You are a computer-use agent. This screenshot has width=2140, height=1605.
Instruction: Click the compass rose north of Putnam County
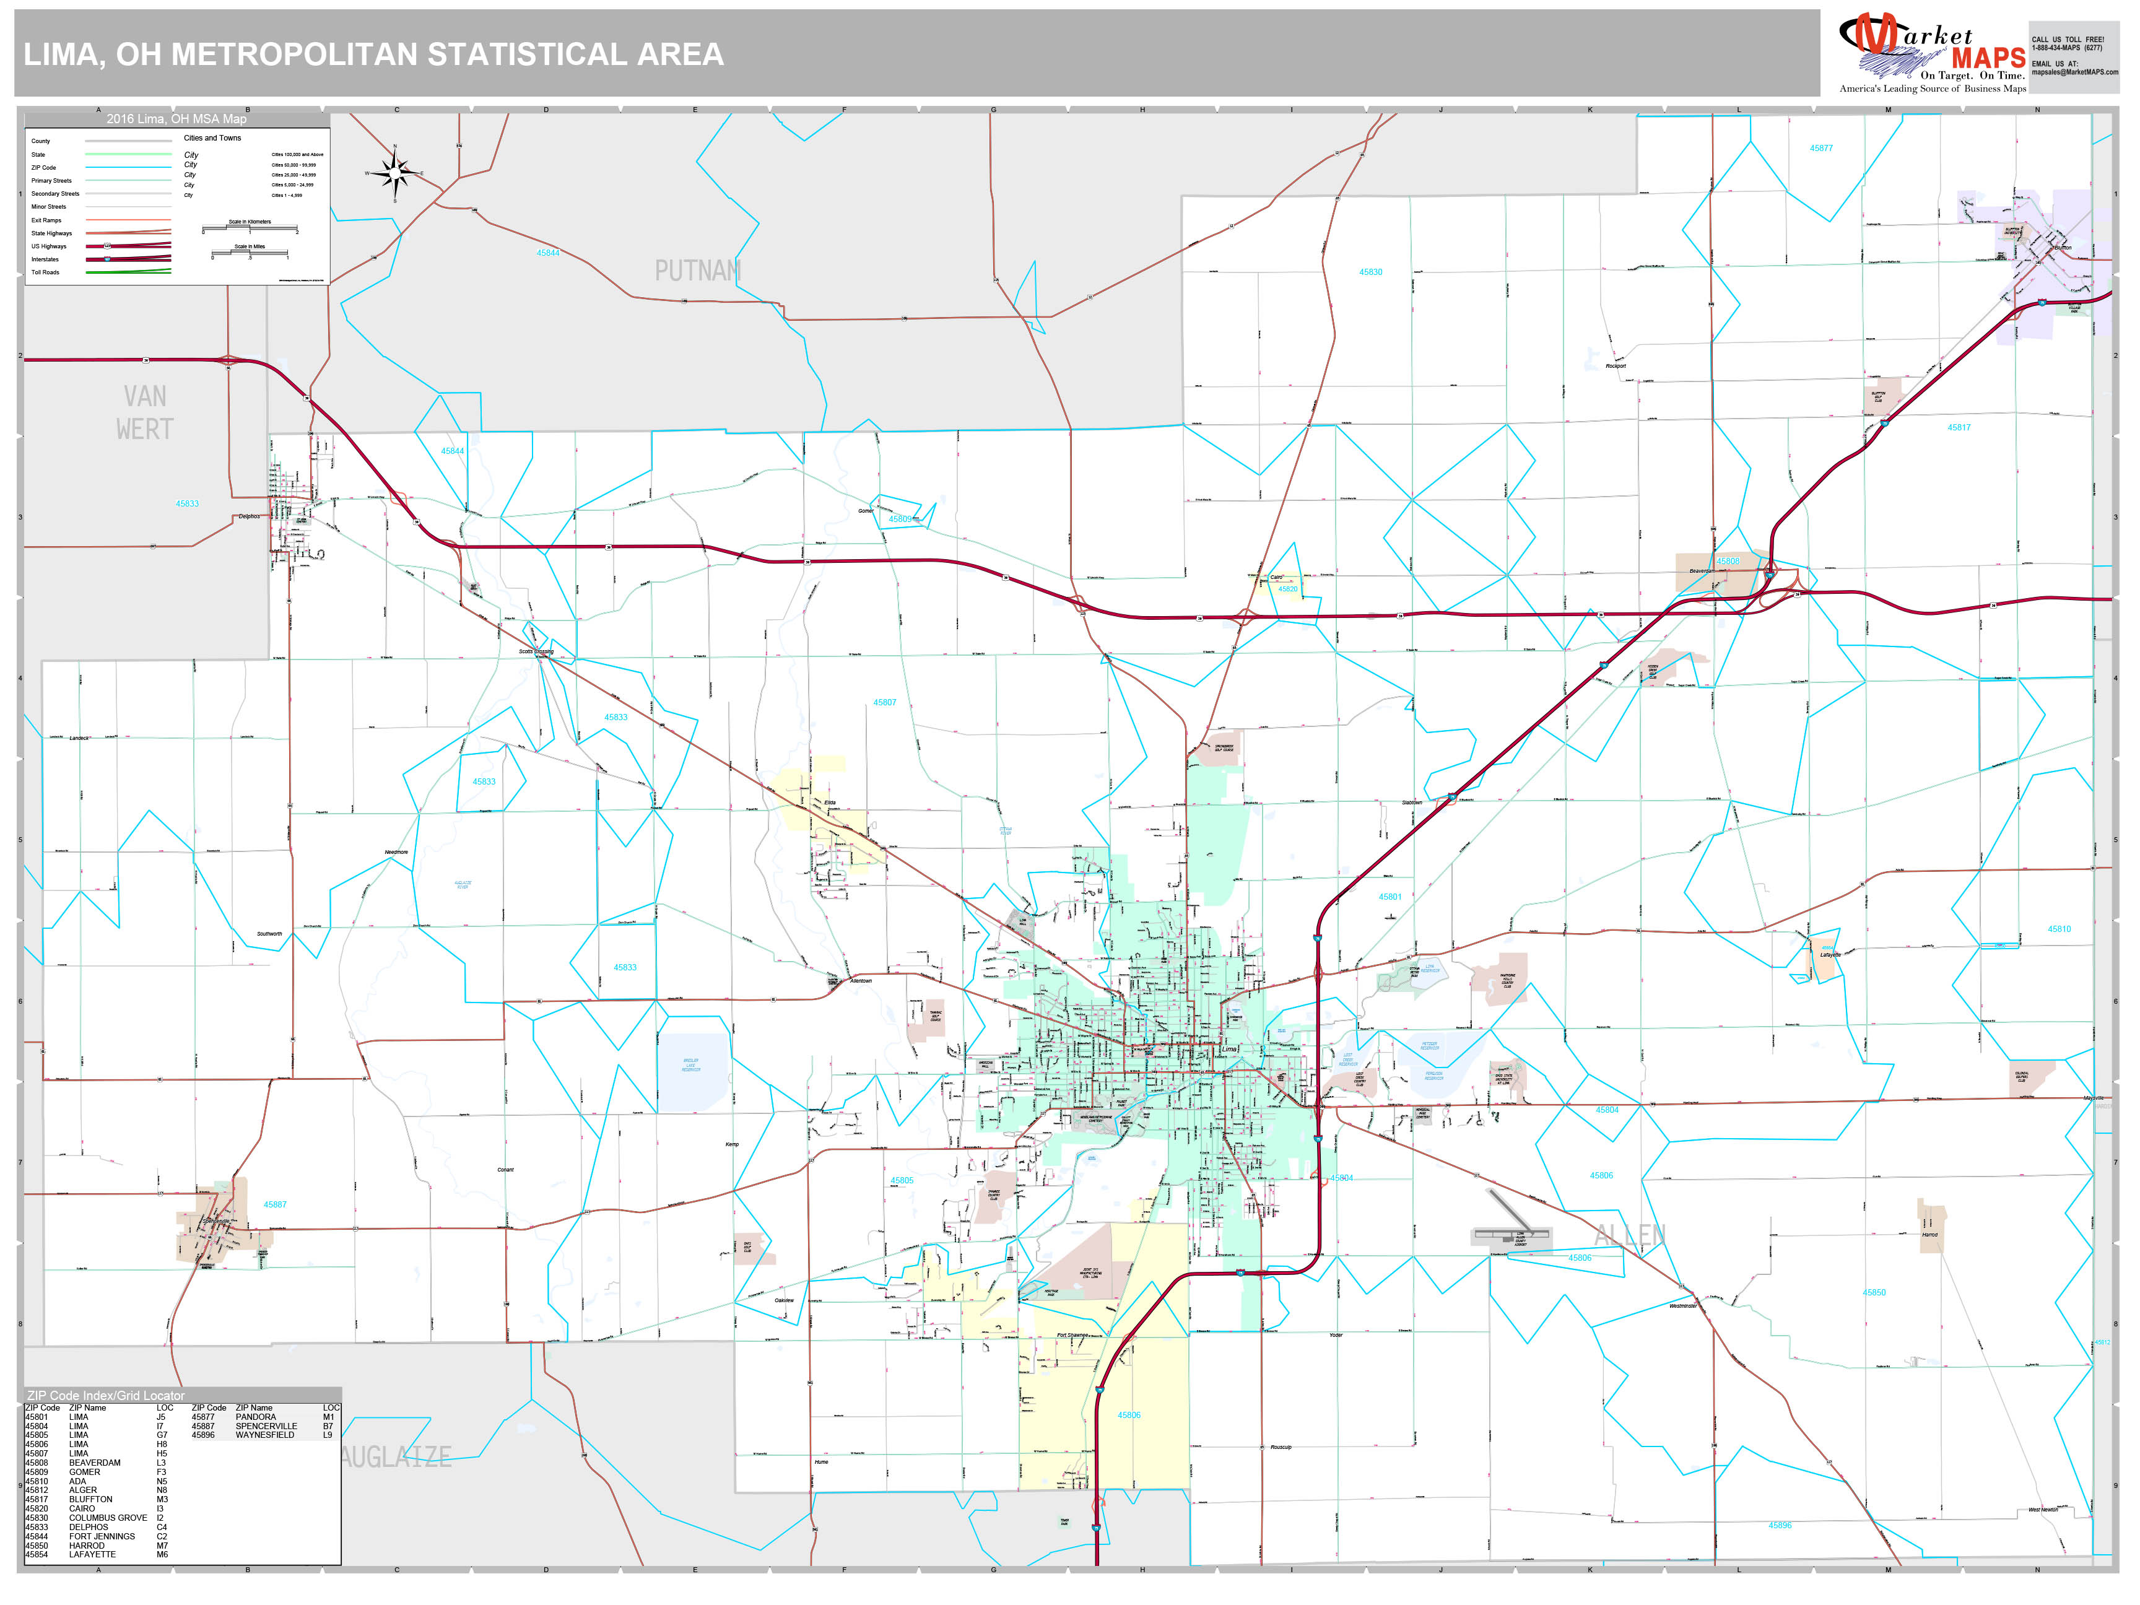click(394, 174)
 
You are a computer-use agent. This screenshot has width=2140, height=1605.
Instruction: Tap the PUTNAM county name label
click(697, 271)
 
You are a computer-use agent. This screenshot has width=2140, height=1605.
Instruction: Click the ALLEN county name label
click(1630, 1235)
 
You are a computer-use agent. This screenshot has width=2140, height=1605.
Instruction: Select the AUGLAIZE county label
click(397, 1457)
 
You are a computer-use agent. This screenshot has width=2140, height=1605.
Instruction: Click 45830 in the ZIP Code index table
click(37, 1518)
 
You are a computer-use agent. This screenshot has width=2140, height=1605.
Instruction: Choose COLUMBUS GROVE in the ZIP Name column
click(107, 1518)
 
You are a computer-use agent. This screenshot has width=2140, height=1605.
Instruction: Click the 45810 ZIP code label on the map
click(2059, 929)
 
